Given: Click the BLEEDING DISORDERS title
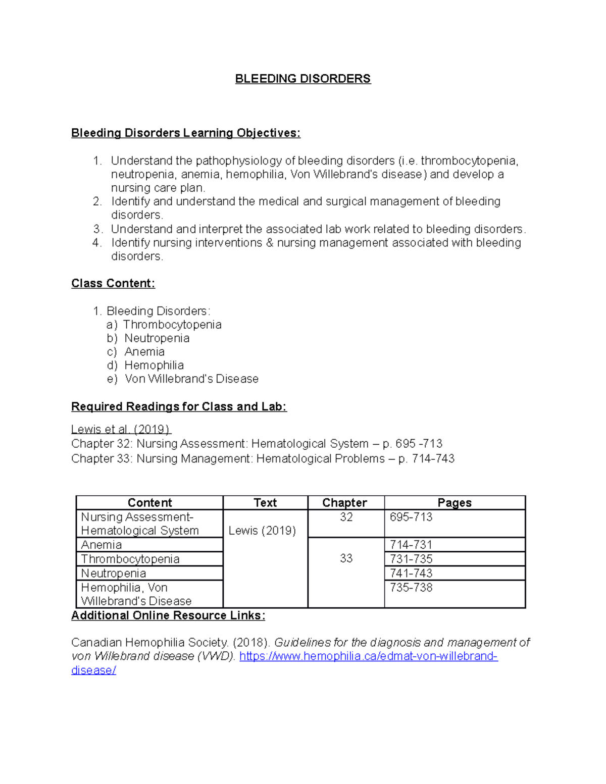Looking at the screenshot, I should [303, 79].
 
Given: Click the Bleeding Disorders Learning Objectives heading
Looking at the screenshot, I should [185, 133].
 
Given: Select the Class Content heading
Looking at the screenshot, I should [113, 283].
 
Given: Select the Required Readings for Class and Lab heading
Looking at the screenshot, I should [179, 406].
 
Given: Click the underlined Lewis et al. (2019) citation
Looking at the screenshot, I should [121, 430].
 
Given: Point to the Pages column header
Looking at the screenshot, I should [454, 503].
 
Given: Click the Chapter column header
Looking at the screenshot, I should [344, 503].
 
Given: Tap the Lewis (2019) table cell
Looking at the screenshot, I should [262, 531].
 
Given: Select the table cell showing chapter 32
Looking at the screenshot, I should [346, 517].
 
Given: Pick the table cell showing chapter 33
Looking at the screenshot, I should [346, 558].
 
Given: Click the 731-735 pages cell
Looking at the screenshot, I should [411, 559].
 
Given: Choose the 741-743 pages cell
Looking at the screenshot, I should [411, 573].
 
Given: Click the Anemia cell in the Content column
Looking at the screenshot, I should [102, 545].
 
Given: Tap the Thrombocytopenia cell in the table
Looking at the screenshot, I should [130, 559].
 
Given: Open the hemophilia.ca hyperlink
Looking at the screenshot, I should [368, 656].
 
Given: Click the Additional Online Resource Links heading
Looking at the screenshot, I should [168, 615].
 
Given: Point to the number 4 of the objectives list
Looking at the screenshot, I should [97, 243].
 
